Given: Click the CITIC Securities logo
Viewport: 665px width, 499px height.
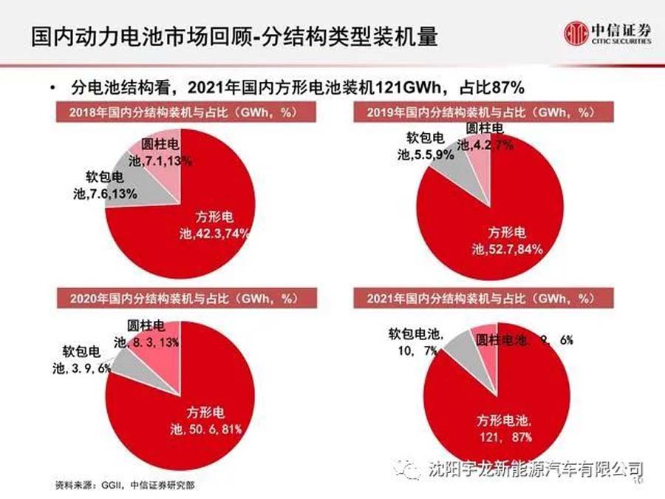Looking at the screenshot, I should (608, 34).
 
